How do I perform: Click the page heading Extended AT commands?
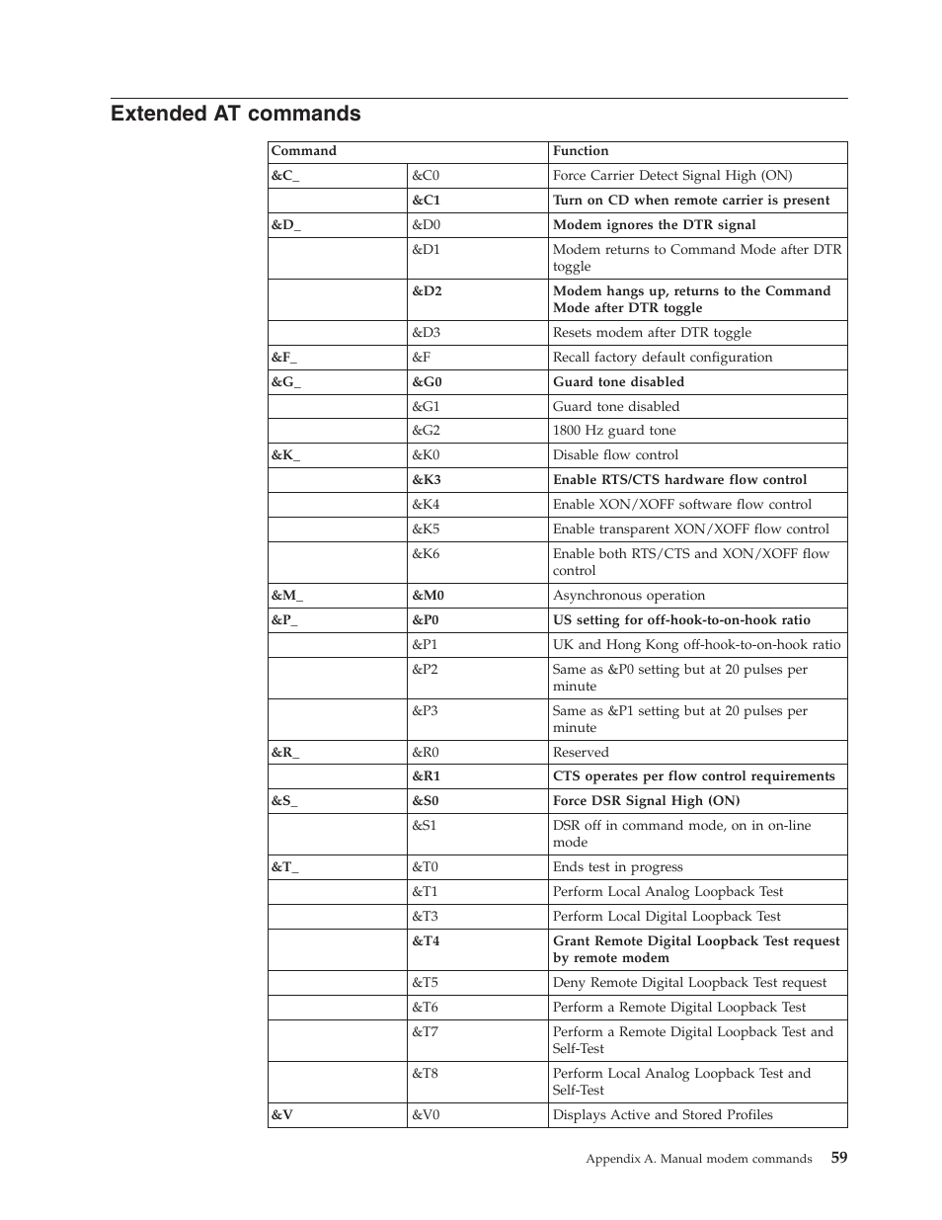pyautogui.click(x=235, y=114)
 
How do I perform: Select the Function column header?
pyautogui.click(x=581, y=151)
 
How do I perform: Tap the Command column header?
pyautogui.click(x=304, y=151)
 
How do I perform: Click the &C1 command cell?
pyautogui.click(x=426, y=201)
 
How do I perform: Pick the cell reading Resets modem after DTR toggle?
pyautogui.click(x=652, y=333)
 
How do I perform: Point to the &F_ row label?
pyautogui.click(x=284, y=358)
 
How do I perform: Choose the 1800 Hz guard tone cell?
pyautogui.click(x=614, y=431)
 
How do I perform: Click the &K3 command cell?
pyautogui.click(x=426, y=480)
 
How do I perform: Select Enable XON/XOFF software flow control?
pyautogui.click(x=682, y=505)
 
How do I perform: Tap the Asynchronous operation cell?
pyautogui.click(x=629, y=596)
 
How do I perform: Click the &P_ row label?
pyautogui.click(x=284, y=620)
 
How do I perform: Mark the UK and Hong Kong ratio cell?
pyautogui.click(x=696, y=645)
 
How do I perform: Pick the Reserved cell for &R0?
pyautogui.click(x=581, y=753)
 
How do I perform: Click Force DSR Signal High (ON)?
pyautogui.click(x=646, y=801)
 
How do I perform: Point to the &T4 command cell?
pyautogui.click(x=426, y=941)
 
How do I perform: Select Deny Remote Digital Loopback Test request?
pyautogui.click(x=689, y=983)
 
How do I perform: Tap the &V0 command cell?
pyautogui.click(x=426, y=1115)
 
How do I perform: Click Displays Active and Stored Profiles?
pyautogui.click(x=663, y=1115)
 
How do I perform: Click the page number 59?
pyautogui.click(x=838, y=1158)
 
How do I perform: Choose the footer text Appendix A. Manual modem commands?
pyautogui.click(x=698, y=1159)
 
